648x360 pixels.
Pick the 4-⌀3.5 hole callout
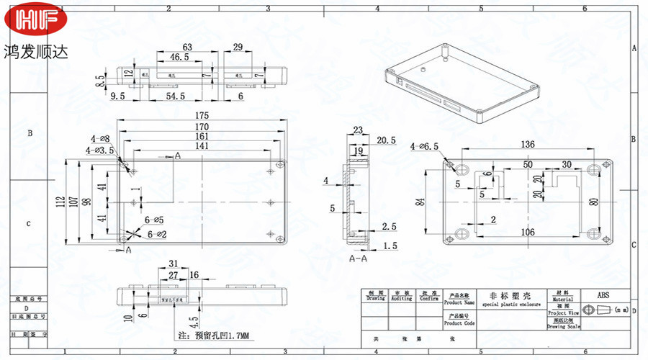[100, 150]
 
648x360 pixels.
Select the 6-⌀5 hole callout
[154, 220]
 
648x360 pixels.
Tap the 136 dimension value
[528, 145]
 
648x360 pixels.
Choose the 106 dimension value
[527, 232]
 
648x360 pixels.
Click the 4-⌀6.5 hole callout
[425, 147]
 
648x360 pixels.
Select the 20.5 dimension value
[386, 140]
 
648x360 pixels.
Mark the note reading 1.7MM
[213, 336]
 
